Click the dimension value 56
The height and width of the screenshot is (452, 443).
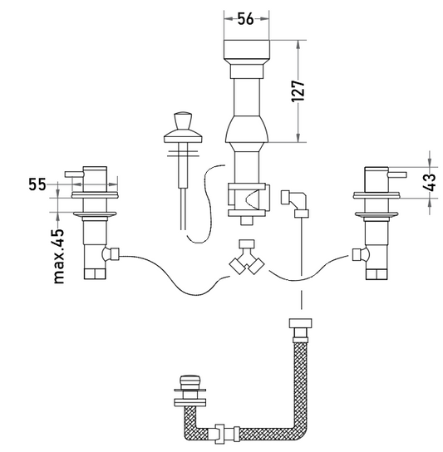(245, 19)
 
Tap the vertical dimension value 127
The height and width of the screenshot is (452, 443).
(298, 91)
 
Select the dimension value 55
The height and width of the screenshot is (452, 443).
(37, 184)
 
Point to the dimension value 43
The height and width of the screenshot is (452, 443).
(430, 183)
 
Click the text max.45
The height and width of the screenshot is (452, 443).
(58, 256)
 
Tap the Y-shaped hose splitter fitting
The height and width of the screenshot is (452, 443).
(247, 257)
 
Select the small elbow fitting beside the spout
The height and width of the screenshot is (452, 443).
(294, 204)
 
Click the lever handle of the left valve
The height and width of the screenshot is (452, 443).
(73, 174)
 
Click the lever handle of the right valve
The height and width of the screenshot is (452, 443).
(397, 174)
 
